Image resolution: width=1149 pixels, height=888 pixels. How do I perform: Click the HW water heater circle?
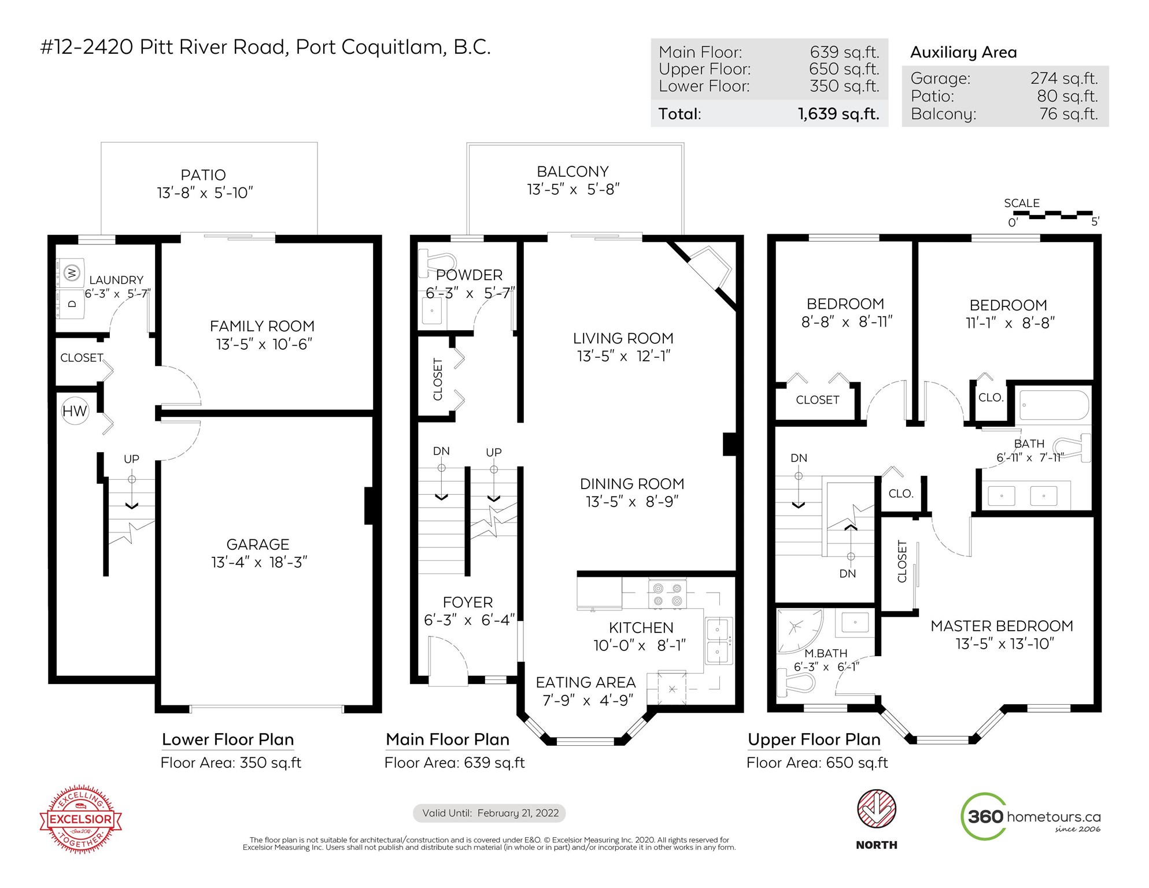75,411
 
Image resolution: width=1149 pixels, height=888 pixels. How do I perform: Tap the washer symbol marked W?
71,272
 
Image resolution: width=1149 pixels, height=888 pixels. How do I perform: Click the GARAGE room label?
258,545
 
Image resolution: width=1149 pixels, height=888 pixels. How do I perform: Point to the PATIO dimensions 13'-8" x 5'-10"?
205,193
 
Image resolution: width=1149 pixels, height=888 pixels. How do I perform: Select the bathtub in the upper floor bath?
1054,405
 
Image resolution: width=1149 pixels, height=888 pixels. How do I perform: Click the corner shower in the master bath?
799,630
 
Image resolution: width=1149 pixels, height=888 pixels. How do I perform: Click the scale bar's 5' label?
1095,221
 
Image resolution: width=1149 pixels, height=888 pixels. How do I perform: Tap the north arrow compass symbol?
877,809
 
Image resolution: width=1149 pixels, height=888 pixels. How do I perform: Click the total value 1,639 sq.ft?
838,114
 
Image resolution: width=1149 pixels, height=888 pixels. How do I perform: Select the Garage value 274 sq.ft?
1063,78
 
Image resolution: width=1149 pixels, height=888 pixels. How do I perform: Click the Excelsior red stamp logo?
81,819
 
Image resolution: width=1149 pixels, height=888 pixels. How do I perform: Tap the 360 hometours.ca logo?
1030,816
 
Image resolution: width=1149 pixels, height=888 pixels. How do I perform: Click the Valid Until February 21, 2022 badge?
489,813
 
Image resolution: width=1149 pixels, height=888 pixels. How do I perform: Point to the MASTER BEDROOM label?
1002,626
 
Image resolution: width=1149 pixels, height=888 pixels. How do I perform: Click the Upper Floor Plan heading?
814,739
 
